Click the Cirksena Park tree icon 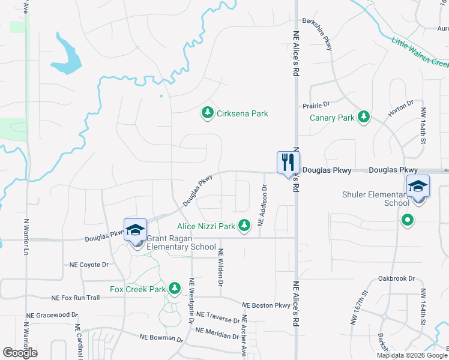pos(207,113)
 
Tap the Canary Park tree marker pos(363,117)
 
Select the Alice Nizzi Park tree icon pos(244,226)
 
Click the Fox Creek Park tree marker pos(175,289)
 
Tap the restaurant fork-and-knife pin pos(288,162)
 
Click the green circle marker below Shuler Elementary pos(408,220)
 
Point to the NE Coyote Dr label pos(89,264)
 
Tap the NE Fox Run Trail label pos(76,298)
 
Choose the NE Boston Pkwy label pos(266,305)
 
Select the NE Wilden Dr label pos(220,268)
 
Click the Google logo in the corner pos(20,353)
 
